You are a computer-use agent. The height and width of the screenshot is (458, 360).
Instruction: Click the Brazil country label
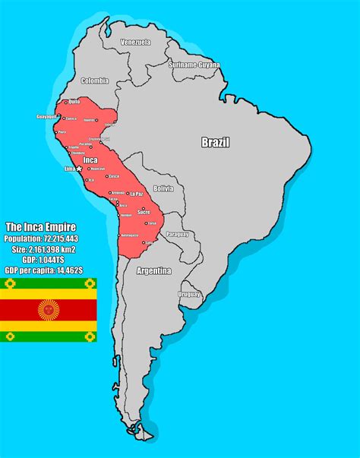[x=215, y=142]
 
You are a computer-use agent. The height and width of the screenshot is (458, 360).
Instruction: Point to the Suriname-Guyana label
[x=194, y=65]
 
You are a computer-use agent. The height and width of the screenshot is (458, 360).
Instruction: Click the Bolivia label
[x=163, y=188]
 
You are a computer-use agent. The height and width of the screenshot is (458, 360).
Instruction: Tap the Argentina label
[x=153, y=270]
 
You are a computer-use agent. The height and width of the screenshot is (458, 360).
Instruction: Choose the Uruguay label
[x=189, y=293]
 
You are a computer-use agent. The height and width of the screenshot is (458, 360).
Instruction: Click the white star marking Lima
[x=80, y=169]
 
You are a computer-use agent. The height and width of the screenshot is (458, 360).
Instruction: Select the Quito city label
[x=74, y=101]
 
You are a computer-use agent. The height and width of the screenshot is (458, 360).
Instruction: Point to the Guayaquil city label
[x=46, y=116]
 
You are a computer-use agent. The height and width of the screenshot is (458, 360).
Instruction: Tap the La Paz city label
[x=136, y=194]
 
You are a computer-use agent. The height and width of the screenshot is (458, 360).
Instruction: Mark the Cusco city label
[x=114, y=176]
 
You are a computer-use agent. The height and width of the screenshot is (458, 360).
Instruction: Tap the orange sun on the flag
[x=49, y=310]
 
